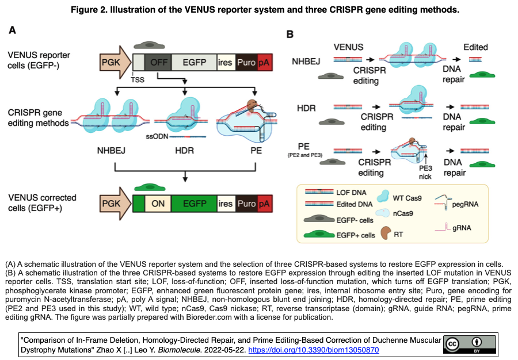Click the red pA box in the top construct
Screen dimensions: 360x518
(265, 62)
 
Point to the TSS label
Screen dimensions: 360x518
(139, 80)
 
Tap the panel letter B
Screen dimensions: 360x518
(290, 35)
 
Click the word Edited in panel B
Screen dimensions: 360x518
(475, 47)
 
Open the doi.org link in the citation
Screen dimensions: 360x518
(313, 350)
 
